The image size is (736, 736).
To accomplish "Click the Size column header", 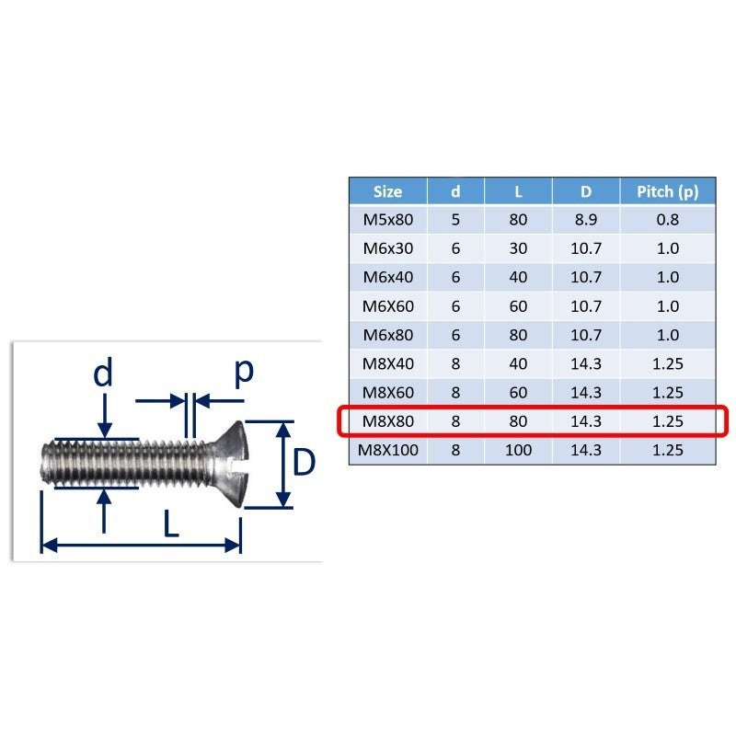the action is coord(387,191).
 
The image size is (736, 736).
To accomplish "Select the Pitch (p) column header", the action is coord(668,191).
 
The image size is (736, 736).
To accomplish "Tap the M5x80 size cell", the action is coord(387,220).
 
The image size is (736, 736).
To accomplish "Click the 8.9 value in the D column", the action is coord(586,220).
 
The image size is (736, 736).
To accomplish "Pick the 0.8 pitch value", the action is coord(668,220).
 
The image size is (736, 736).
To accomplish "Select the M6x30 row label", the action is coord(387,248).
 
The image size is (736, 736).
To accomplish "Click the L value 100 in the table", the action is coord(518,450).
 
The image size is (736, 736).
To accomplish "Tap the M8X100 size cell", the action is coord(387,450).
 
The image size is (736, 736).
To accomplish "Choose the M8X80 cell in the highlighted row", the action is coord(387,421).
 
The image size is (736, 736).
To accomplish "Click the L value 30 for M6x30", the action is coord(518,248).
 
